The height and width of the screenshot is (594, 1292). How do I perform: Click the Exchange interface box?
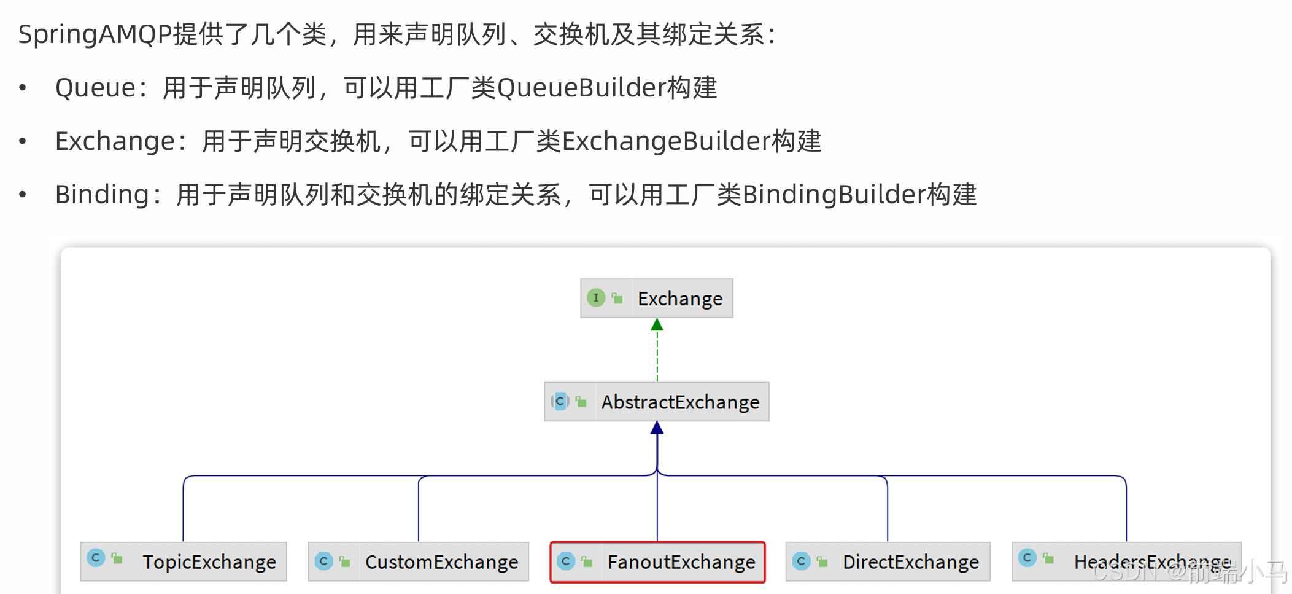click(x=657, y=299)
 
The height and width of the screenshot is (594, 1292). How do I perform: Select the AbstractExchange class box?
click(x=657, y=402)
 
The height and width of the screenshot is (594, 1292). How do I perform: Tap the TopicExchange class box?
click(x=184, y=561)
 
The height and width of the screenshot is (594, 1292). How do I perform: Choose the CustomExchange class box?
click(x=418, y=561)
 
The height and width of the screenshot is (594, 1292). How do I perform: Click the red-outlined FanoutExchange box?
click(x=657, y=561)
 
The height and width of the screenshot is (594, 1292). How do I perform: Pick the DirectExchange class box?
click(x=888, y=561)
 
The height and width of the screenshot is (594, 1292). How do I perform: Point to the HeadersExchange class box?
click(x=1126, y=561)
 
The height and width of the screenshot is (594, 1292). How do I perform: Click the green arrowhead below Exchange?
click(x=657, y=324)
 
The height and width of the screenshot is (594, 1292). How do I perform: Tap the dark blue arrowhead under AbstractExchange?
click(x=657, y=428)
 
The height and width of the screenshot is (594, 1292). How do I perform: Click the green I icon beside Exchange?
click(x=595, y=298)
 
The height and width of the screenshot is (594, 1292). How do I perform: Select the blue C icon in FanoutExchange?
click(x=566, y=561)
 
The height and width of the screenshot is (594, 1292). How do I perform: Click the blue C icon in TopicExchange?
click(x=96, y=558)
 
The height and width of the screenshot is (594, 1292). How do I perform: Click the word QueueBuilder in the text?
click(x=581, y=88)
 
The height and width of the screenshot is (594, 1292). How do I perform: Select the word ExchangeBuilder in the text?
click(x=666, y=141)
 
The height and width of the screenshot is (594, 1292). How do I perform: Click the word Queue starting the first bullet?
click(x=95, y=88)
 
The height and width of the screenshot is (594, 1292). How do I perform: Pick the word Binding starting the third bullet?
click(x=102, y=195)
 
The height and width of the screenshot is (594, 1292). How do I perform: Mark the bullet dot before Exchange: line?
click(x=23, y=141)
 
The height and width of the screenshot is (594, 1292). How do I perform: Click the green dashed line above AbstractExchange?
click(x=657, y=356)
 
